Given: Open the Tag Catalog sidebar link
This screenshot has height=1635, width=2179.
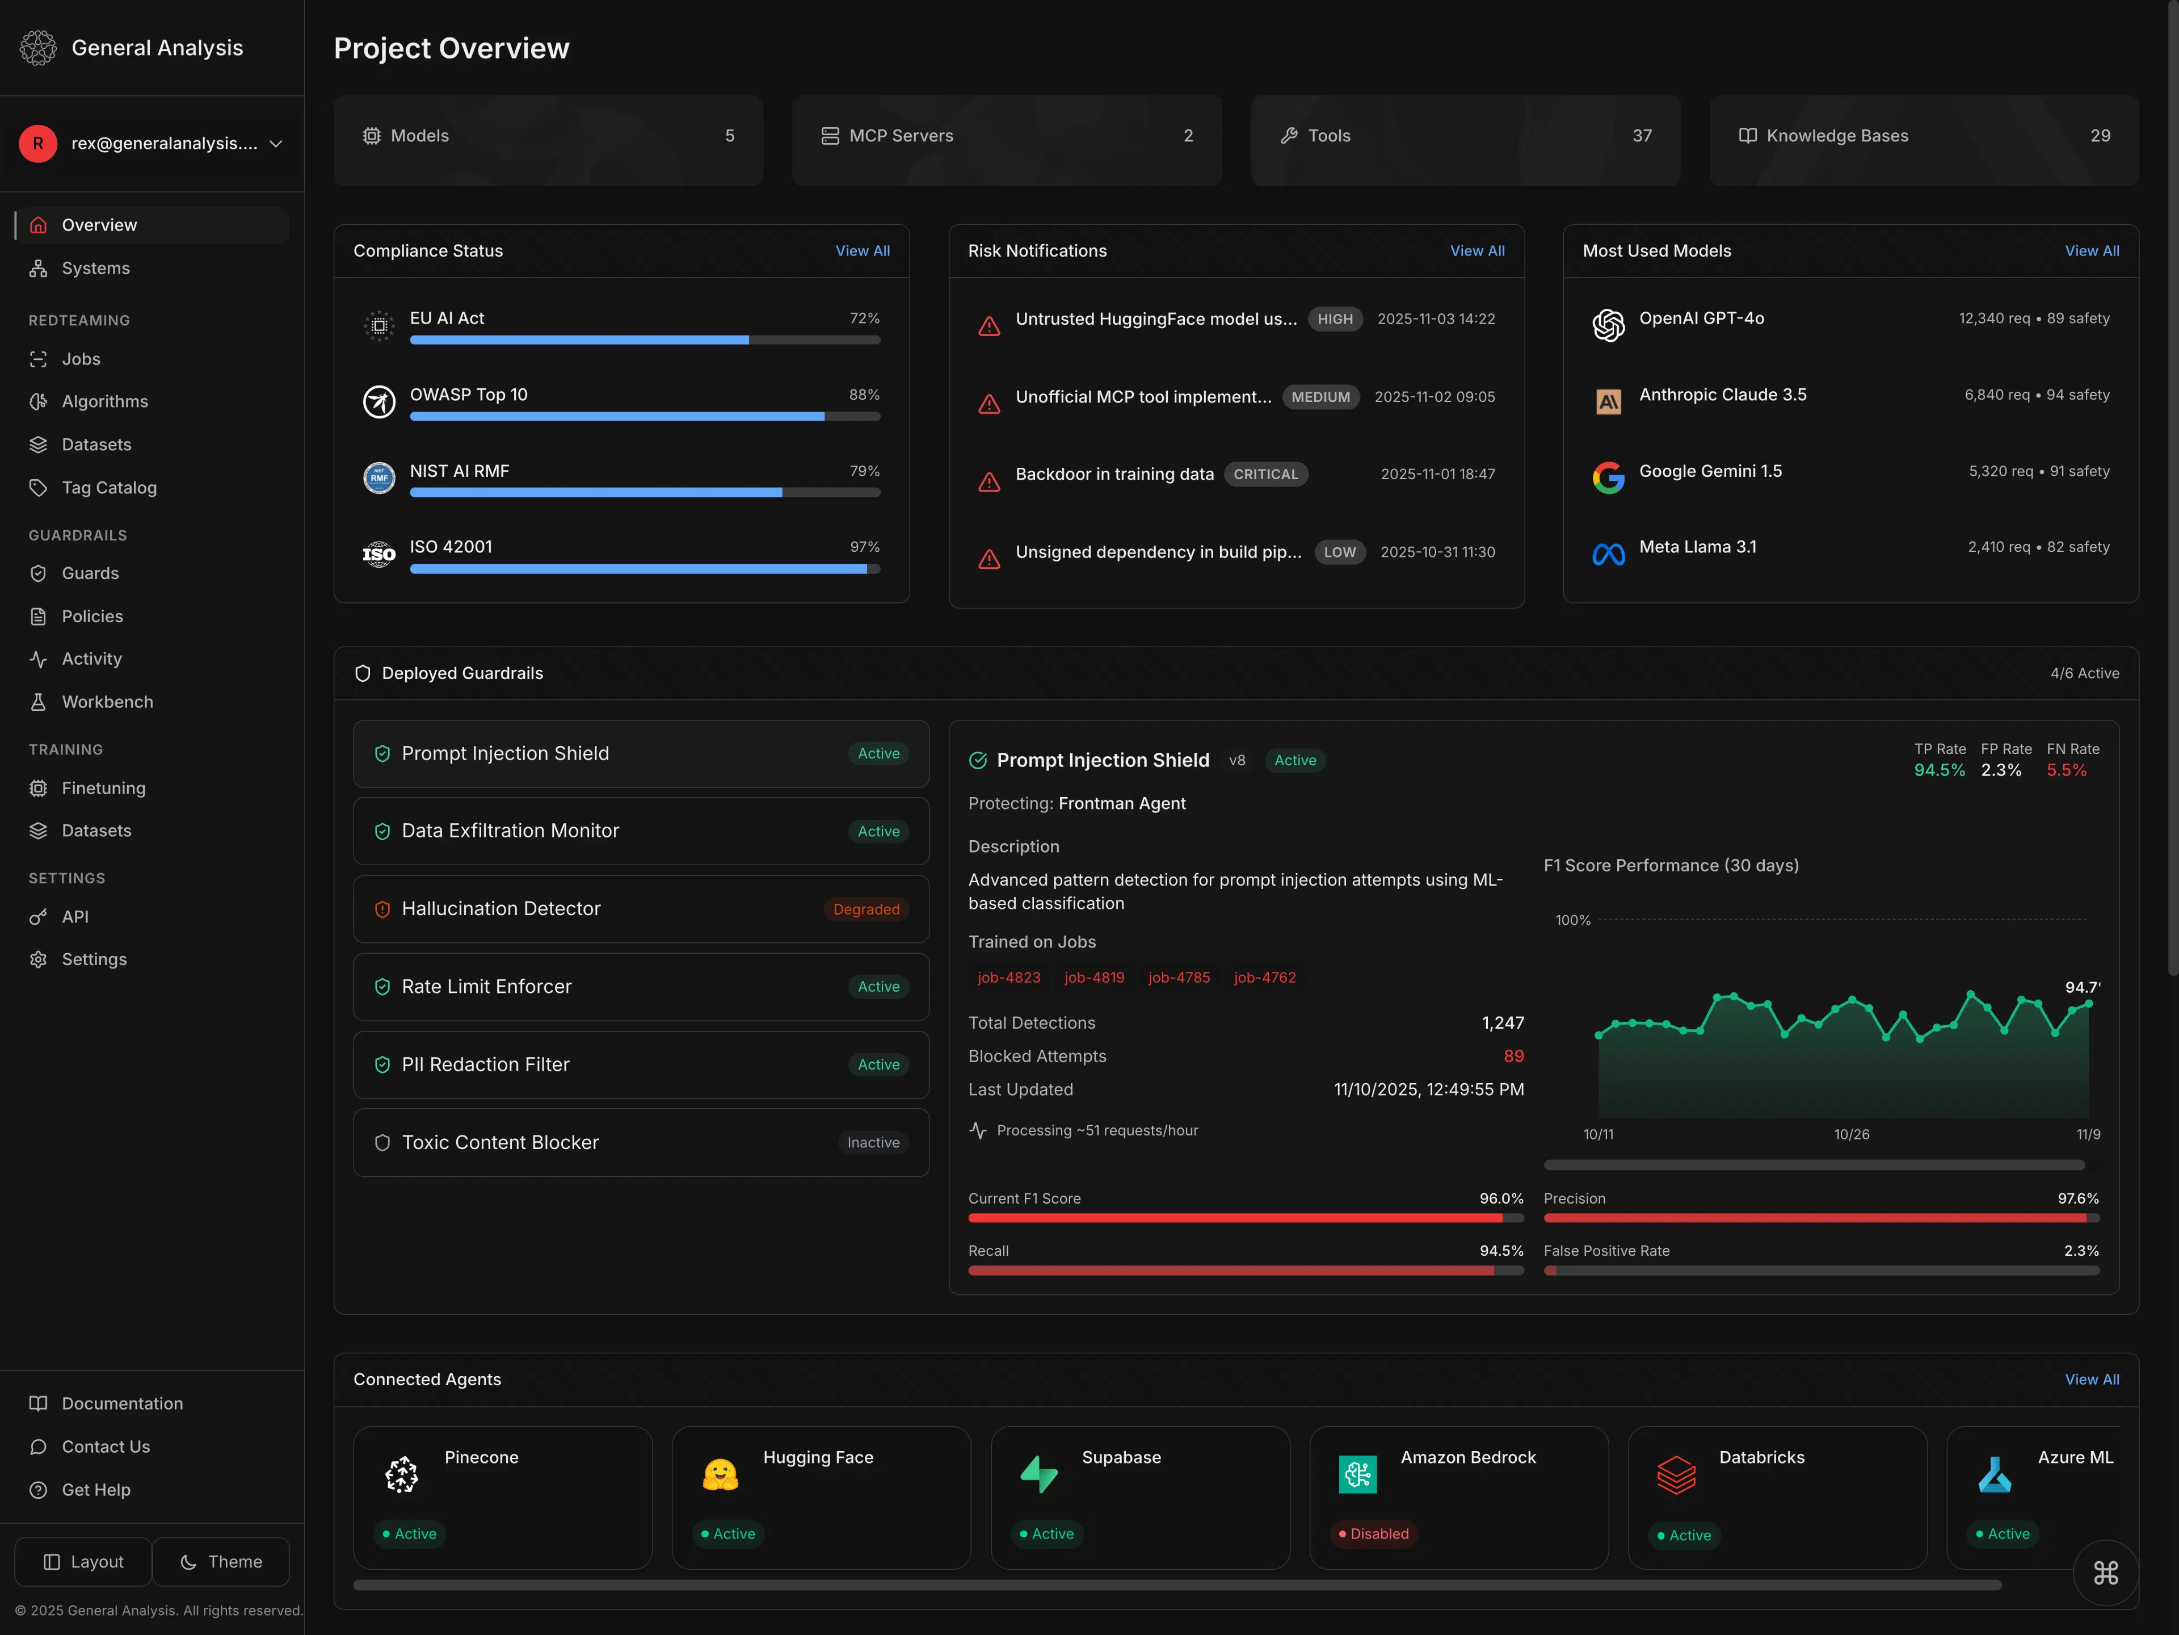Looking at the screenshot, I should pos(108,488).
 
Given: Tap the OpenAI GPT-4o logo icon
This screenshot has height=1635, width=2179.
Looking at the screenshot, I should pos(1608,324).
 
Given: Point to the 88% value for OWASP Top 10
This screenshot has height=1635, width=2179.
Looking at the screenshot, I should pos(864,394).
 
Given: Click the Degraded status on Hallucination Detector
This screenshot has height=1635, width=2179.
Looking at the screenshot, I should pos(866,909).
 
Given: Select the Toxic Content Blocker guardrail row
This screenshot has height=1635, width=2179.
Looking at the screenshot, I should pos(640,1142).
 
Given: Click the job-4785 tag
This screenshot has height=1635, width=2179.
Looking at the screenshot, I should pos(1178,978).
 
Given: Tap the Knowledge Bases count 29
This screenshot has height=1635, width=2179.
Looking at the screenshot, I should pos(2099,136).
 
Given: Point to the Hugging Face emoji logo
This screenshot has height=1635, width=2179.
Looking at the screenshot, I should pos(720,1474).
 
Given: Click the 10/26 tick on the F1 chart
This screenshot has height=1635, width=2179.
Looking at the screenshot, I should pos(1851,1134).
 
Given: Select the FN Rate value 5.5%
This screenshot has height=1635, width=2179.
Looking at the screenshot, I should pos(2066,771).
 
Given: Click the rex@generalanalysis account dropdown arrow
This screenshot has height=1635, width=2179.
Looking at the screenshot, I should pos(276,144).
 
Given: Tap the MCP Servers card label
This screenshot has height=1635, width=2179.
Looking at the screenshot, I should pos(901,136).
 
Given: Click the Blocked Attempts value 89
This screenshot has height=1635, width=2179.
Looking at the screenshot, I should pos(1513,1057).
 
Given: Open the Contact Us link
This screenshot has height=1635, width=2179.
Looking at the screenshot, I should pos(106,1447).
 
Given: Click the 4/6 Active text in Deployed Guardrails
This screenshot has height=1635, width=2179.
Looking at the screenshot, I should pos(2084,673).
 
